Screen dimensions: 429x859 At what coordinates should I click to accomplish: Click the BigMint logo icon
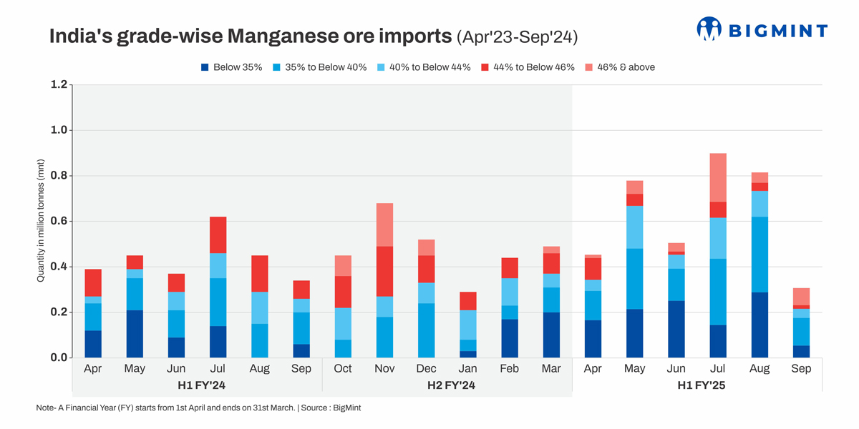(x=709, y=29)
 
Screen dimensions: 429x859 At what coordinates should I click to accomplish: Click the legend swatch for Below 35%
(x=205, y=67)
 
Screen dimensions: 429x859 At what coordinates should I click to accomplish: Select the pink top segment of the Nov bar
(x=384, y=225)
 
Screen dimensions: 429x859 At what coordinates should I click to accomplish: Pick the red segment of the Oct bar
(x=343, y=292)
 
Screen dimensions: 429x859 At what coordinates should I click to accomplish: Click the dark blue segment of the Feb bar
(x=510, y=338)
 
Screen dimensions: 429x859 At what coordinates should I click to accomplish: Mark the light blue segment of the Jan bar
(x=468, y=325)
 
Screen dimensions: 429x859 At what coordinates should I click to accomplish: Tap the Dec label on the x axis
(x=426, y=369)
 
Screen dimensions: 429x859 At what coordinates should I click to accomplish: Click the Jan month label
(x=468, y=369)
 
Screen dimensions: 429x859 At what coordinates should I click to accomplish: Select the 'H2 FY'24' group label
(x=447, y=386)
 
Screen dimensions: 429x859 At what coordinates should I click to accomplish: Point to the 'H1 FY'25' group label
(x=697, y=386)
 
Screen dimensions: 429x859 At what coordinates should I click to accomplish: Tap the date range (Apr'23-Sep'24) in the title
(x=517, y=36)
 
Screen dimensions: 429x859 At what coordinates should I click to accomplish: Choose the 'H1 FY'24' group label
(x=197, y=386)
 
